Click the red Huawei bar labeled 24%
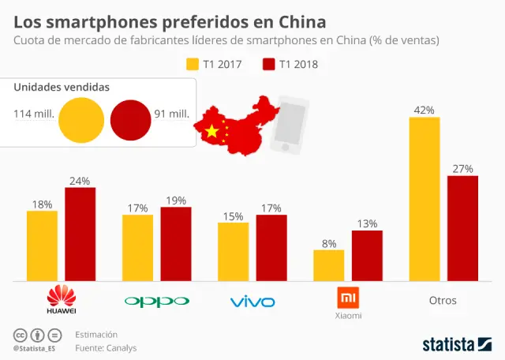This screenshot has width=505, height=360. (80, 234)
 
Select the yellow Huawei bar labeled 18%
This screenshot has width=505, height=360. (42, 246)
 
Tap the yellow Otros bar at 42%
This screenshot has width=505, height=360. (425, 199)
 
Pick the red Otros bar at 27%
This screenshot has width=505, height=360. (462, 228)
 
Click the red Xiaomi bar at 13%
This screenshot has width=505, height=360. (367, 255)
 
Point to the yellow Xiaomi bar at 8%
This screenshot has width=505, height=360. (329, 264)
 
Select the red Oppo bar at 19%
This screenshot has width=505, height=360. (175, 243)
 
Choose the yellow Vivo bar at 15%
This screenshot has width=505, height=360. (233, 251)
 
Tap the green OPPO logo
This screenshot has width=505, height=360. (157, 301)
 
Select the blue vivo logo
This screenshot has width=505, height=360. (252, 302)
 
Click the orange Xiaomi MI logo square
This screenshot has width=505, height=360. (348, 298)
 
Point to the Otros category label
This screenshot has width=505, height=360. (443, 301)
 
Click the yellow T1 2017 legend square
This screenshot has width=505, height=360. (192, 64)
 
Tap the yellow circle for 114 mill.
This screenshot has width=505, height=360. (81, 115)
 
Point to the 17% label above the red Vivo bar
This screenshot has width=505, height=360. (271, 208)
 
